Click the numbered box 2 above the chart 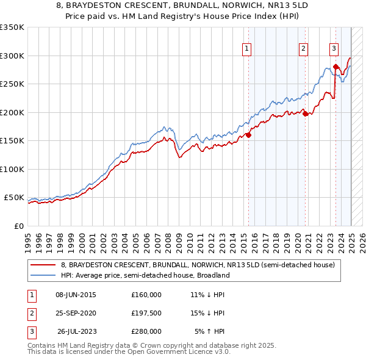click(303, 50)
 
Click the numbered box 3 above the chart click(334, 50)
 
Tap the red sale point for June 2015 click(248, 135)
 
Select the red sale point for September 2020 click(306, 113)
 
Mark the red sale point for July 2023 click(335, 67)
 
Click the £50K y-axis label click(14, 198)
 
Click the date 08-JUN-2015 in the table click(76, 295)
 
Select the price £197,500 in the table click(146, 313)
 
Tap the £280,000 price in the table click(146, 331)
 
